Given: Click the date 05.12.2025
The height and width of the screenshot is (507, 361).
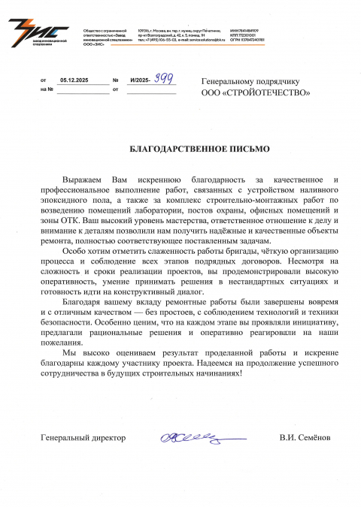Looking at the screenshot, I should [74, 79].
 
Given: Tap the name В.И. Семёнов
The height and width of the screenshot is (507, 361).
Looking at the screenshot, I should [305, 437].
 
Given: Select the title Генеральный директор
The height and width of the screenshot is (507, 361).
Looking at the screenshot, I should [83, 437].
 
